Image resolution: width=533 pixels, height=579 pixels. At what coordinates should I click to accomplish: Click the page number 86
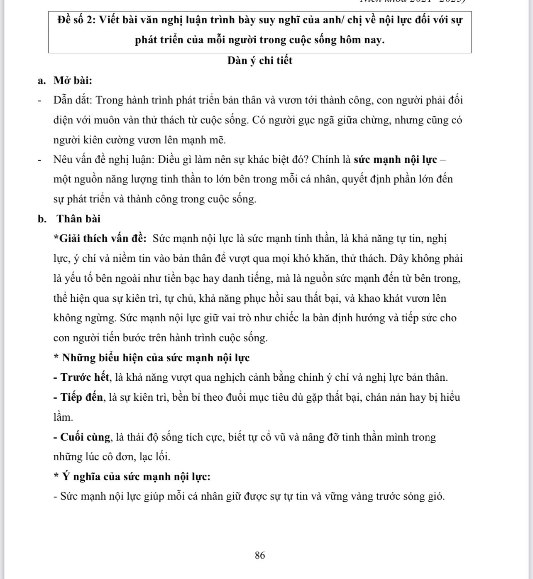click(260, 555)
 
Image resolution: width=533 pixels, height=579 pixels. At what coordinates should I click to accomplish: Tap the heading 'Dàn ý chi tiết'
click(260, 61)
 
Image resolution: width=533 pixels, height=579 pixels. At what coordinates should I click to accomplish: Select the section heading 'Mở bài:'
click(73, 80)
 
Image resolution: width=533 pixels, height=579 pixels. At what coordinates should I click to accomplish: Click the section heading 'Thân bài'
click(78, 219)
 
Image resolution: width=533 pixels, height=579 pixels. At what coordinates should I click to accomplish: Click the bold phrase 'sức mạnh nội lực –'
click(400, 160)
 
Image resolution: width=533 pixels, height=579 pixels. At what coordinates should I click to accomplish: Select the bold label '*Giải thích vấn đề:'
click(100, 239)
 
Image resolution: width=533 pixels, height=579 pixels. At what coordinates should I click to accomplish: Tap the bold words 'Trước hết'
click(85, 377)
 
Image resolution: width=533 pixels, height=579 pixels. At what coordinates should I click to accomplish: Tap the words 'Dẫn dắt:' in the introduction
click(75, 100)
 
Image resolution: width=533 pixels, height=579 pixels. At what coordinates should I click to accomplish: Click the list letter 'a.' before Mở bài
click(42, 80)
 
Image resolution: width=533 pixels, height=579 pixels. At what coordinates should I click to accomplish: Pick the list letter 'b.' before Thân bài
click(42, 219)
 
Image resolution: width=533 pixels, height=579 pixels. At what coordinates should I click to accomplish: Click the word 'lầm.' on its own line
click(63, 417)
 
